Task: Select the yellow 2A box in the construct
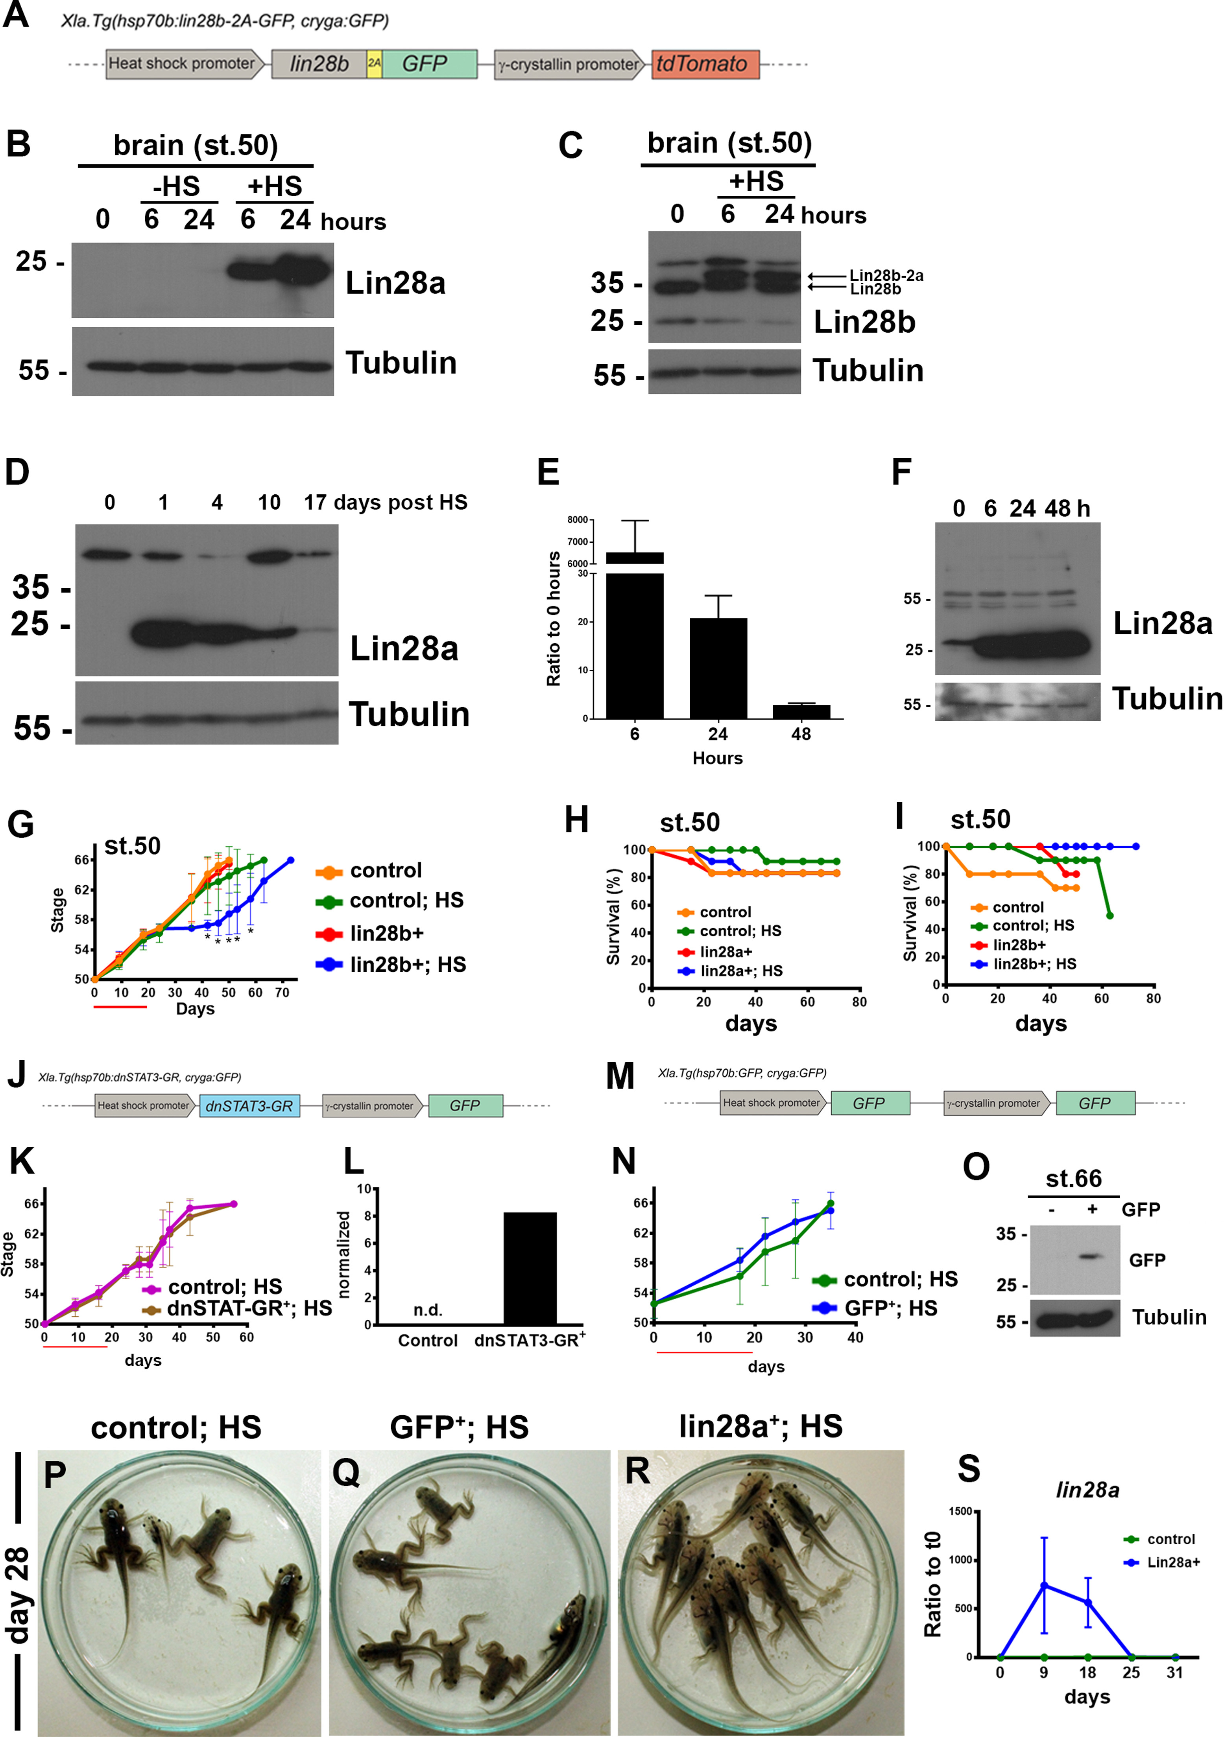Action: tap(374, 64)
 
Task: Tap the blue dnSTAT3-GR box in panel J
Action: tap(249, 1106)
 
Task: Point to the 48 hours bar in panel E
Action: tap(801, 711)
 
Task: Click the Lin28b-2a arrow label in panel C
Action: tap(886, 275)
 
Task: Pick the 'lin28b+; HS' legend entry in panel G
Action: tap(407, 965)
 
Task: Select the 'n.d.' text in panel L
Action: tap(428, 1310)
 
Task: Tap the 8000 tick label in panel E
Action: tap(578, 520)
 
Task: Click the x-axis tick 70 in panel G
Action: tap(282, 993)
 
